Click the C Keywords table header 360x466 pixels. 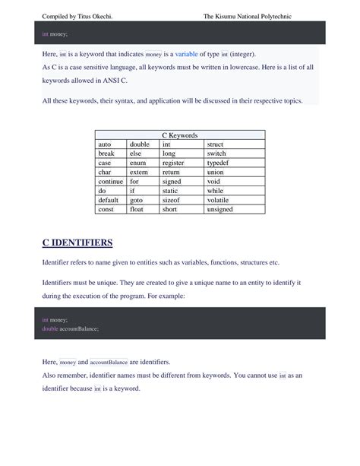point(180,135)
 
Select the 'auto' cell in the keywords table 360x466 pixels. point(106,144)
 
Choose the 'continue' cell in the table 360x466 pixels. point(111,181)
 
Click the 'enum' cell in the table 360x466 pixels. point(137,163)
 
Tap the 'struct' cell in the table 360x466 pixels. point(215,144)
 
